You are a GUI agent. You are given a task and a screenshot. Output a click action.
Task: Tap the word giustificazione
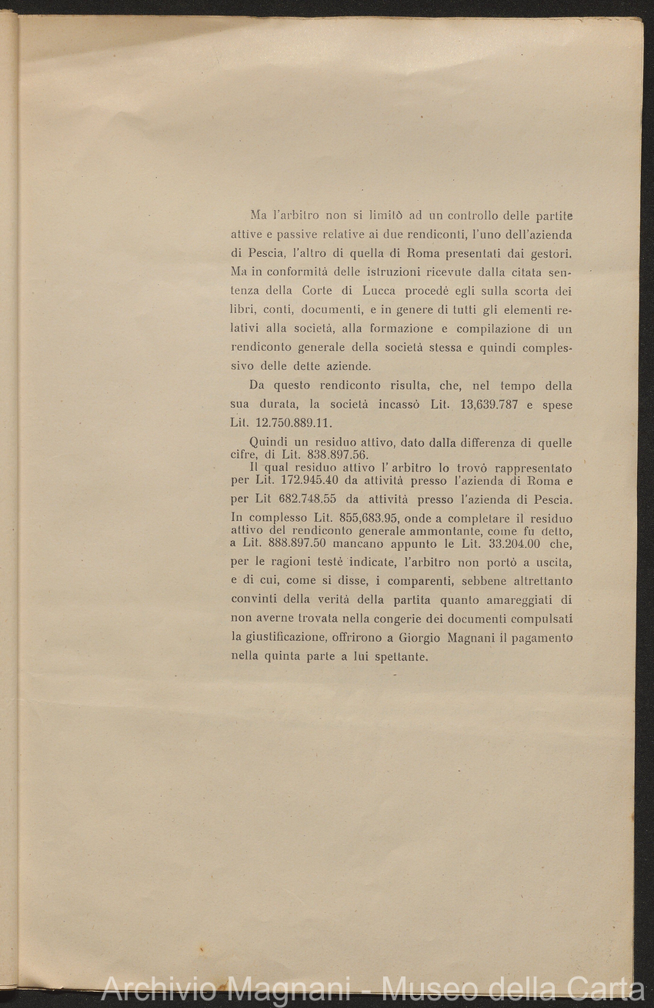pyautogui.click(x=290, y=638)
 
